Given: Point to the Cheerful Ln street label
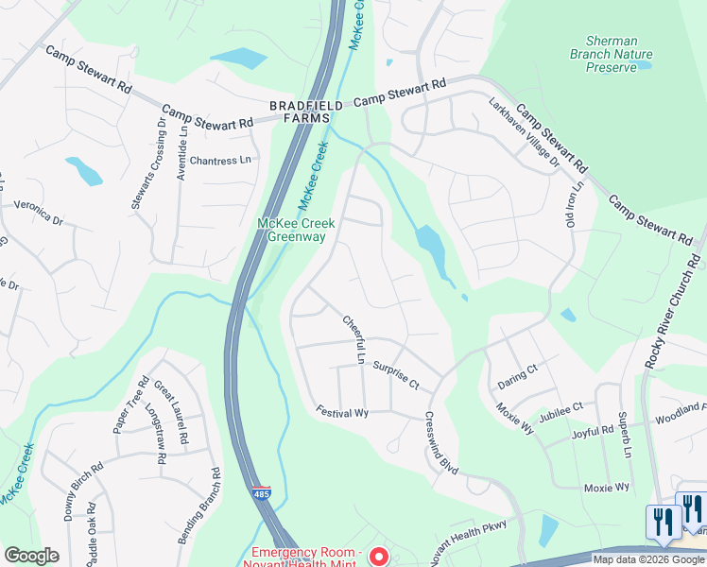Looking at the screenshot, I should point(353,339).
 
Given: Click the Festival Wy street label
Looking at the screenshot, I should point(342,413).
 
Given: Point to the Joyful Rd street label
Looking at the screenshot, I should point(594,433).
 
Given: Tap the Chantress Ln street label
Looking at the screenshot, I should point(220,161).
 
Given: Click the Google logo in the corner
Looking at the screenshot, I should point(31,556).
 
